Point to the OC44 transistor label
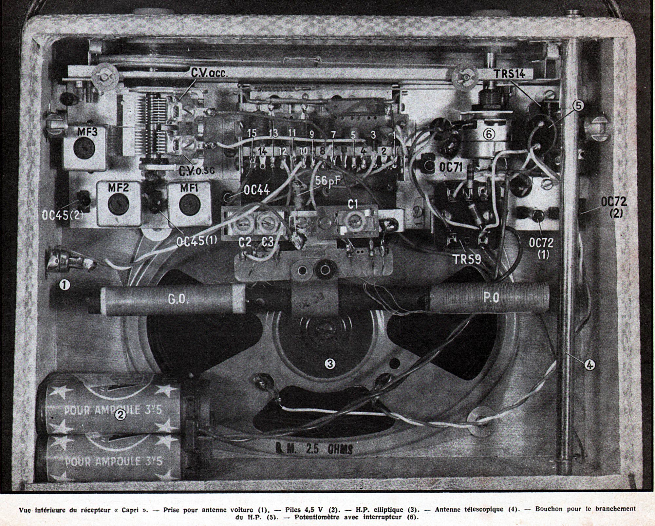coord(256,189)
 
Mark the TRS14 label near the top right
coord(510,74)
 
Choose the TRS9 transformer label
coord(467,259)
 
